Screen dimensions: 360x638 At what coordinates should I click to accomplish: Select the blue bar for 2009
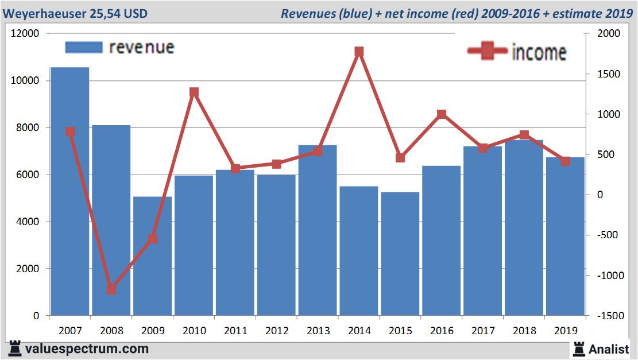point(153,256)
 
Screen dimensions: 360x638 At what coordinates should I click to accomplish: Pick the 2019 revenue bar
point(565,236)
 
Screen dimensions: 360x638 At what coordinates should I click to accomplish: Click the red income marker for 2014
point(359,52)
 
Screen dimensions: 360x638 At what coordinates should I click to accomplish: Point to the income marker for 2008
point(111,289)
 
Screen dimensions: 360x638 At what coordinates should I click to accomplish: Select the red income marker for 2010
point(194,92)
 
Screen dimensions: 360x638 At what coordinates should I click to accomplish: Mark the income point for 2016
point(442,114)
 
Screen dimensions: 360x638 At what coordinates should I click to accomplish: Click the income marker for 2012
point(276,164)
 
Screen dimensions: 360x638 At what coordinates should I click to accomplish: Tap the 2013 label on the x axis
point(318,331)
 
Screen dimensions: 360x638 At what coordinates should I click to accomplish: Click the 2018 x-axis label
point(524,331)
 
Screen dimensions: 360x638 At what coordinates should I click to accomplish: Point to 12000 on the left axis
point(25,33)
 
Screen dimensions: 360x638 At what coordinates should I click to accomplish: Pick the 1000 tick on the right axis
point(609,114)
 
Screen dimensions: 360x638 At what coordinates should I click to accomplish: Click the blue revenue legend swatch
point(84,47)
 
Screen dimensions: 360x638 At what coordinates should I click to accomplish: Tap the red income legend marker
point(487,52)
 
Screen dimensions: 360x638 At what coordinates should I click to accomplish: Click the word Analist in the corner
point(609,349)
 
